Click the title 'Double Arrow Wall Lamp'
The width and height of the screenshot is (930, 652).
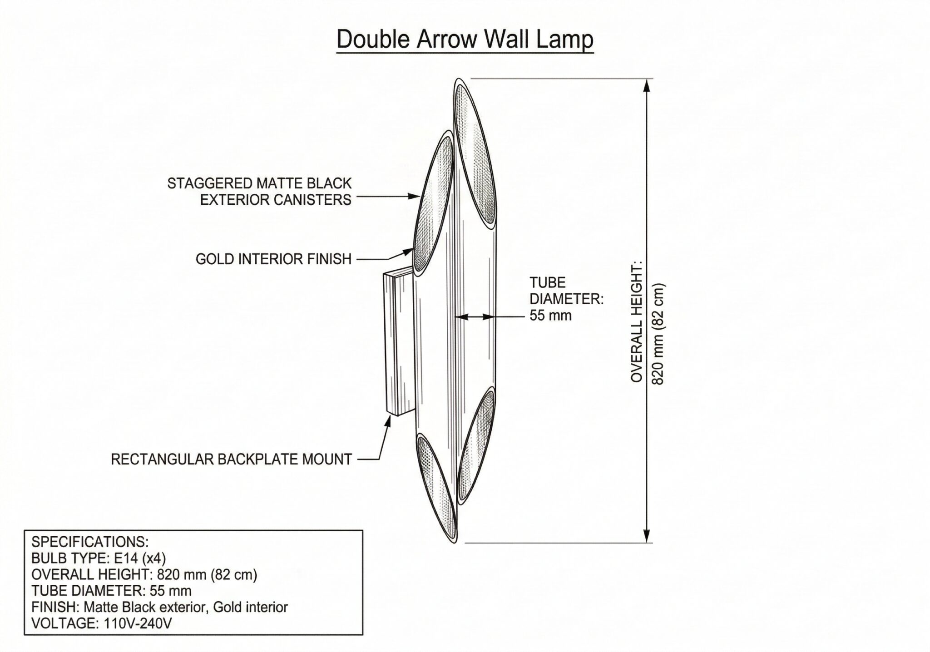click(465, 40)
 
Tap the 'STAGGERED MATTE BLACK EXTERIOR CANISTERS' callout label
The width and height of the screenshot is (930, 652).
click(260, 191)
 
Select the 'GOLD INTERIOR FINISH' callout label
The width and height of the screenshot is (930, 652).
click(274, 259)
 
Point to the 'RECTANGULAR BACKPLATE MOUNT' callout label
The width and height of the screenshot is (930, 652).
click(232, 459)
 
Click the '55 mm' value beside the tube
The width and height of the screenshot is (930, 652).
click(550, 315)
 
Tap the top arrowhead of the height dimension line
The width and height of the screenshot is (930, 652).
click(648, 86)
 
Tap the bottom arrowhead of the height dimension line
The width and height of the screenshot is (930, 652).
click(648, 535)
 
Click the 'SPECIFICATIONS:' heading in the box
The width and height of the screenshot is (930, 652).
click(90, 542)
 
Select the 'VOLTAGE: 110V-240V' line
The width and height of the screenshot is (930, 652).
click(101, 623)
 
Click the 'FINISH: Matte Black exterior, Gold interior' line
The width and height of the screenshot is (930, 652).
click(159, 607)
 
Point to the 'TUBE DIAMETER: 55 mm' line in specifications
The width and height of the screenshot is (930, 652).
click(111, 591)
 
